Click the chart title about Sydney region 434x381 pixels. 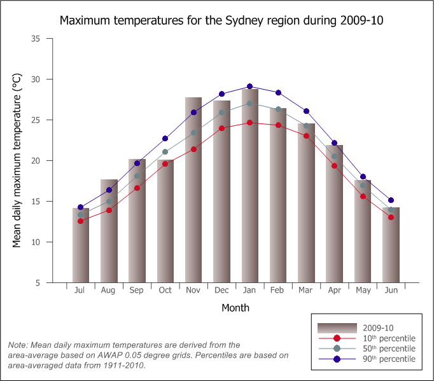tap(221, 20)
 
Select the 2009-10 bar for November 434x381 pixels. tap(193, 191)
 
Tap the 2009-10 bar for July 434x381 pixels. tap(81, 245)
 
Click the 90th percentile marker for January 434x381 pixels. tap(249, 87)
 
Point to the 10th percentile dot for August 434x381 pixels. tap(109, 210)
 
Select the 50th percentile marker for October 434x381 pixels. tap(165, 152)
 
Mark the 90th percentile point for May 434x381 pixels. tap(363, 177)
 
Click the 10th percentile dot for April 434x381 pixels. tap(334, 166)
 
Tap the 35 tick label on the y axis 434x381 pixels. tap(35, 39)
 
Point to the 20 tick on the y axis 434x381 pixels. tap(35, 161)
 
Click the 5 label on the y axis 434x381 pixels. tap(38, 283)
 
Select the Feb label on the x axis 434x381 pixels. tap(277, 291)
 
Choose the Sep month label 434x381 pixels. tap(137, 291)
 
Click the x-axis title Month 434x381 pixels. tap(235, 308)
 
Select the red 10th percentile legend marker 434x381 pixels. tap(337, 338)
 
